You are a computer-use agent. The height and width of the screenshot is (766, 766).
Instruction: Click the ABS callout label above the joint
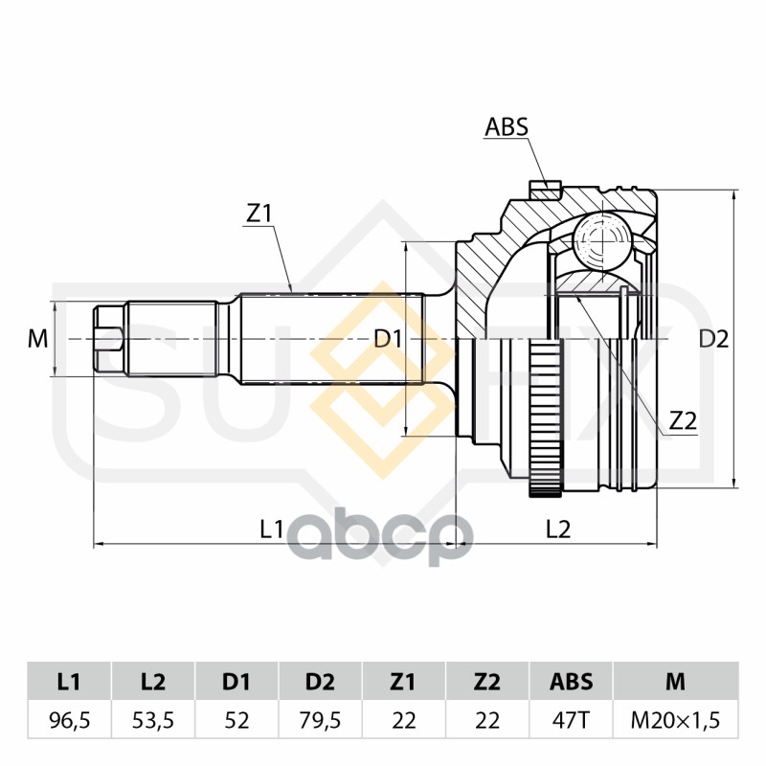click(x=507, y=126)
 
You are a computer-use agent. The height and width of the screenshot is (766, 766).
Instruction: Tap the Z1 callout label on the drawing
click(x=259, y=214)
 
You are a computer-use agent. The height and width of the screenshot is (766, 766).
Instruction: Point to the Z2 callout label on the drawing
click(x=683, y=420)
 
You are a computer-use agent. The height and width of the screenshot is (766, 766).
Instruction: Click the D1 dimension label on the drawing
click(x=388, y=338)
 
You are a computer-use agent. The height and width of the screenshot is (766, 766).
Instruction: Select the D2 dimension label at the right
click(x=713, y=339)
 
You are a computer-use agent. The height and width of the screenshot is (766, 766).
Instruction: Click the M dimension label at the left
click(x=37, y=339)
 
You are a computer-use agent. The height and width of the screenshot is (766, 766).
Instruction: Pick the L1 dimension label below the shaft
click(x=272, y=529)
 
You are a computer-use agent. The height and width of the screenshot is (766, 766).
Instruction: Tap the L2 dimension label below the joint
click(x=558, y=529)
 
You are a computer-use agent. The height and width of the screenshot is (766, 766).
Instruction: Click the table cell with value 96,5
click(x=70, y=720)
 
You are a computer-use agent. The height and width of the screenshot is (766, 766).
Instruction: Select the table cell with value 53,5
click(x=153, y=720)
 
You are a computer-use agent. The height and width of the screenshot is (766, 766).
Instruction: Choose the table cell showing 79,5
click(x=320, y=720)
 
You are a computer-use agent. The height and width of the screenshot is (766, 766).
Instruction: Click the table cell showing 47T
click(x=571, y=720)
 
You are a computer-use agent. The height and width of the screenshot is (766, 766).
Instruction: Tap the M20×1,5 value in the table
click(x=676, y=720)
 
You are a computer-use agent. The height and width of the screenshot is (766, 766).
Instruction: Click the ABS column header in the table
click(x=571, y=682)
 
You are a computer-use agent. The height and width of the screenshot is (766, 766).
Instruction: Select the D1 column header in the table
click(x=237, y=682)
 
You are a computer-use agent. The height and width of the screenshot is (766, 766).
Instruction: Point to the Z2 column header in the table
click(x=487, y=682)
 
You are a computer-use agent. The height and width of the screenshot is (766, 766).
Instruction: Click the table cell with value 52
click(x=237, y=720)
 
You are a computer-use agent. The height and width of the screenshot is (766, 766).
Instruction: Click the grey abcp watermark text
click(x=379, y=536)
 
